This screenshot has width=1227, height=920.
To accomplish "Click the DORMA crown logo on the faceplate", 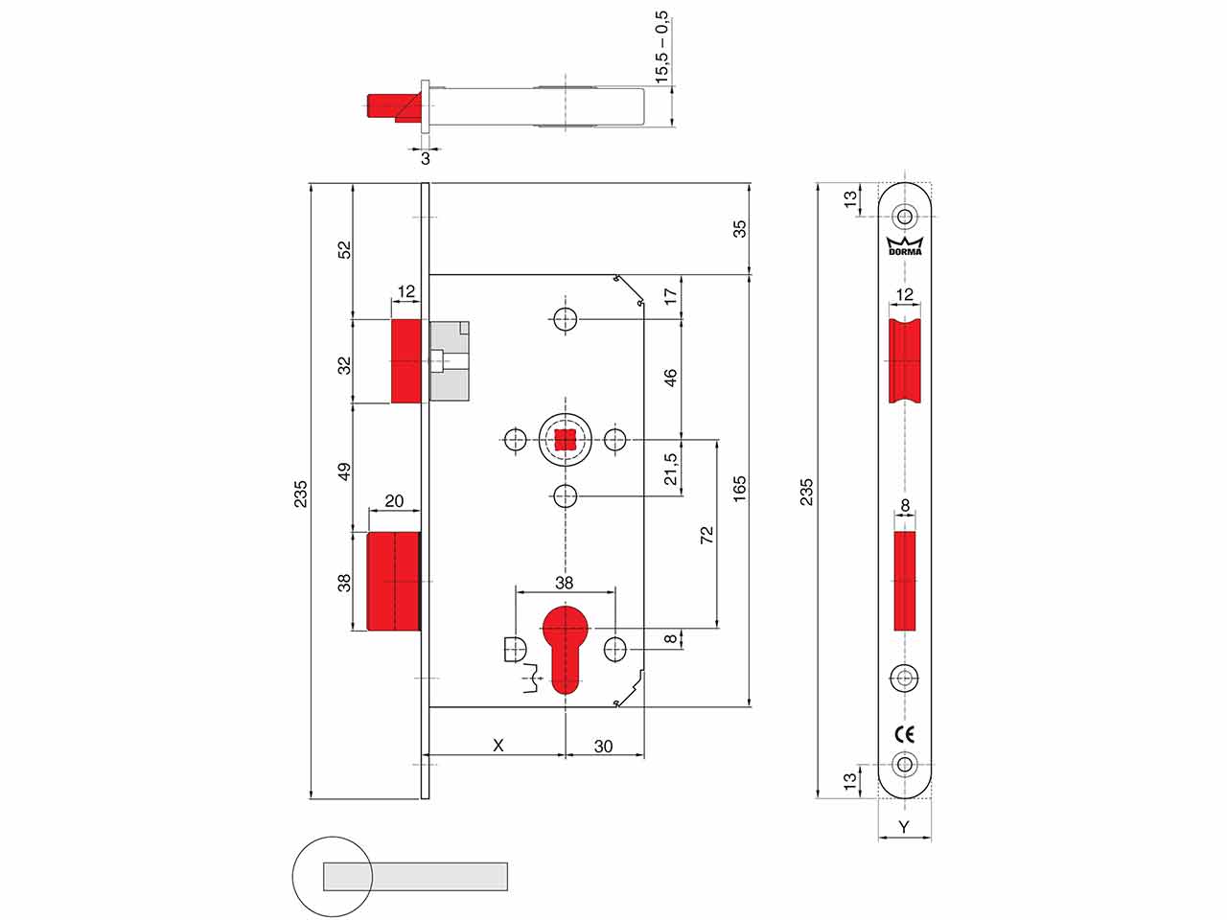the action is point(905,246).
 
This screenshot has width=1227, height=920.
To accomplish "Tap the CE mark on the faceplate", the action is point(904,734).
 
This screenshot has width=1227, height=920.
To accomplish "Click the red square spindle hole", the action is point(566,440).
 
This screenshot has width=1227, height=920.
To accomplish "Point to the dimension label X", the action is point(498,746).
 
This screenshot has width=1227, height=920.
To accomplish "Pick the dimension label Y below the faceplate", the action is point(904,827).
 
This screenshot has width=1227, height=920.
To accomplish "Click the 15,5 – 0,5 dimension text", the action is point(661,47).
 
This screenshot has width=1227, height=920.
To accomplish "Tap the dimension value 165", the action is point(739,489).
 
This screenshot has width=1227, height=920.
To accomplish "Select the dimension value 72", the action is point(706,535).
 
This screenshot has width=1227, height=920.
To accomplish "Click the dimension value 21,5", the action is point(670,469).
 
